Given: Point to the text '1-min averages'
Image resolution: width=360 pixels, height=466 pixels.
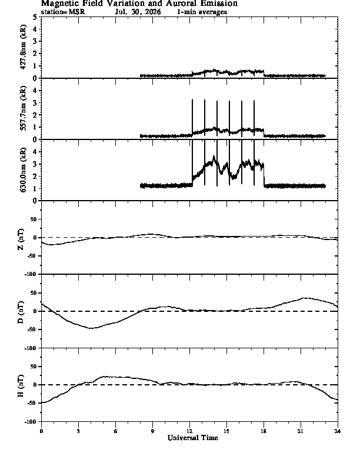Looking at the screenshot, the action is point(202,12).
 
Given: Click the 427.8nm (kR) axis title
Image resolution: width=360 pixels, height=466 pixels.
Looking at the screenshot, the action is point(23,47).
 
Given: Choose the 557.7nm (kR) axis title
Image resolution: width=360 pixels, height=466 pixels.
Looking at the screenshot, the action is point(23,108).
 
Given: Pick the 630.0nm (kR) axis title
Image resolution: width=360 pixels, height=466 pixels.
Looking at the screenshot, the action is point(23,169).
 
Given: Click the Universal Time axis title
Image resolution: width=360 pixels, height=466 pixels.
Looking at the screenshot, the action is point(193,438).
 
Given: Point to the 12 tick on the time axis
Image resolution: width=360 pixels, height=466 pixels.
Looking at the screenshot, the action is point(189,431).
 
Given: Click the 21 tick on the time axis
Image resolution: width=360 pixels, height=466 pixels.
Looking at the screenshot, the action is point(301,431).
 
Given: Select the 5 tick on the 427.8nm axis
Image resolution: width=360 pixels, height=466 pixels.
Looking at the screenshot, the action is point(35,17).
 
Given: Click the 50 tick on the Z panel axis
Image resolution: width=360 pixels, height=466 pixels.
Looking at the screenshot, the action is point(33,219).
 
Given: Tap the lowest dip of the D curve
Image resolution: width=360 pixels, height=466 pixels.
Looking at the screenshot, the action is point(91,328).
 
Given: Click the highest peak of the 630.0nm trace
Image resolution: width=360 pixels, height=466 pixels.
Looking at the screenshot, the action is point(214,155).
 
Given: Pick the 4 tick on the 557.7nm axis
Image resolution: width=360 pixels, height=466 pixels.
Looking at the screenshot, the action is point(35,91).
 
